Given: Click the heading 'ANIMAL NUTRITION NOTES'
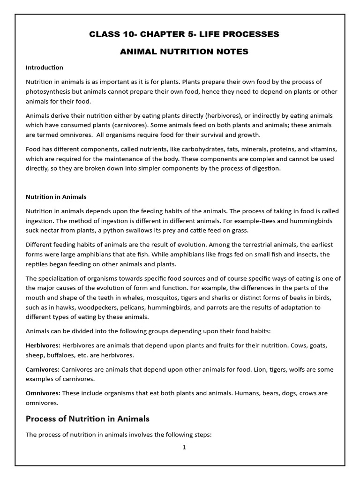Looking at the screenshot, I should click(x=184, y=52).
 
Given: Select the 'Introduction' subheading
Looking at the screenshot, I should click(x=44, y=67).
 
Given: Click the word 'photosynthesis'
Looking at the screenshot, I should click(x=47, y=91).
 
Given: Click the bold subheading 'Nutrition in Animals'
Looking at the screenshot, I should click(x=56, y=197).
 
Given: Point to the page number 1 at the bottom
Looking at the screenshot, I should click(x=184, y=447).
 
